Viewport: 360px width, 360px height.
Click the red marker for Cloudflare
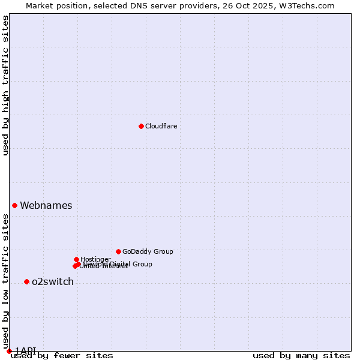[x=141, y=126]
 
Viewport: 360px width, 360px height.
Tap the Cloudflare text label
[x=161, y=126]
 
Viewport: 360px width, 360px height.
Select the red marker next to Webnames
[x=14, y=205]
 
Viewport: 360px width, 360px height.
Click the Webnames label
[x=46, y=205]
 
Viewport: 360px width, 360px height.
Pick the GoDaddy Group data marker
[x=118, y=251]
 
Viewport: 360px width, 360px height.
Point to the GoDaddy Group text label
[x=147, y=251]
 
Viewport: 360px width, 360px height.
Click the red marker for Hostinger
[x=76, y=259]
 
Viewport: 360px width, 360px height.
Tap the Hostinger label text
[x=95, y=259]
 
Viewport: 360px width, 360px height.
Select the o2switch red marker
[x=26, y=281]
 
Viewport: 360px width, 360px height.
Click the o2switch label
[x=52, y=281]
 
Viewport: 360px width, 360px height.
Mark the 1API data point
[x=9, y=351]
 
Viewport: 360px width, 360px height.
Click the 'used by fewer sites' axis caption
[x=62, y=356]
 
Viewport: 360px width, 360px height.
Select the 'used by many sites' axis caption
[x=301, y=356]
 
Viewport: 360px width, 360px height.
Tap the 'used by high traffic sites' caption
[x=6, y=85]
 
